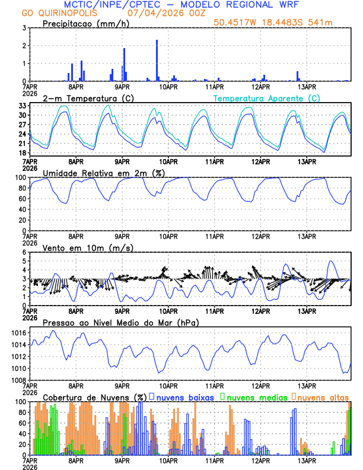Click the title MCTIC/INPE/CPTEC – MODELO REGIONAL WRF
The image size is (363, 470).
[181, 5]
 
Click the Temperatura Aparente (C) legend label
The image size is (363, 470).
[266, 98]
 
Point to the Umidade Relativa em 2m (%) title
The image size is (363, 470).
[103, 173]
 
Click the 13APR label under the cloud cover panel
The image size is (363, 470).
[306, 461]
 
